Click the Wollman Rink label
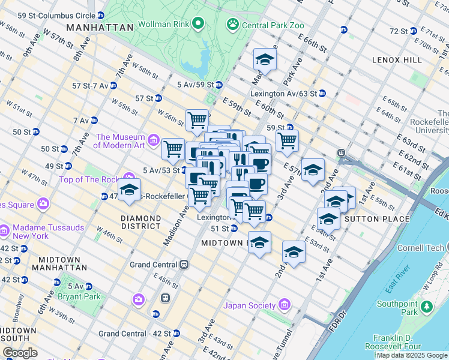164,25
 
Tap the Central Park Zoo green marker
232,25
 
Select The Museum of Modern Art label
120,141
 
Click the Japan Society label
249,305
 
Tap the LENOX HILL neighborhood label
397,61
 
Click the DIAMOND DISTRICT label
141,222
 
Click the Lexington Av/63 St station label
283,94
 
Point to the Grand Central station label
154,264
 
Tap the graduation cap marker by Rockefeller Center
129,190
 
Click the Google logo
20,353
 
